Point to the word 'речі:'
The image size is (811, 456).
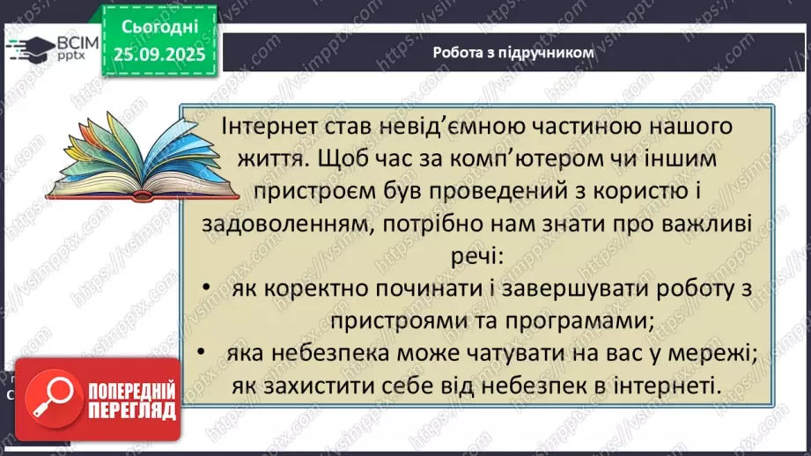click(467, 257)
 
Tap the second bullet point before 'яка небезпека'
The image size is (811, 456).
click(203, 353)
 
